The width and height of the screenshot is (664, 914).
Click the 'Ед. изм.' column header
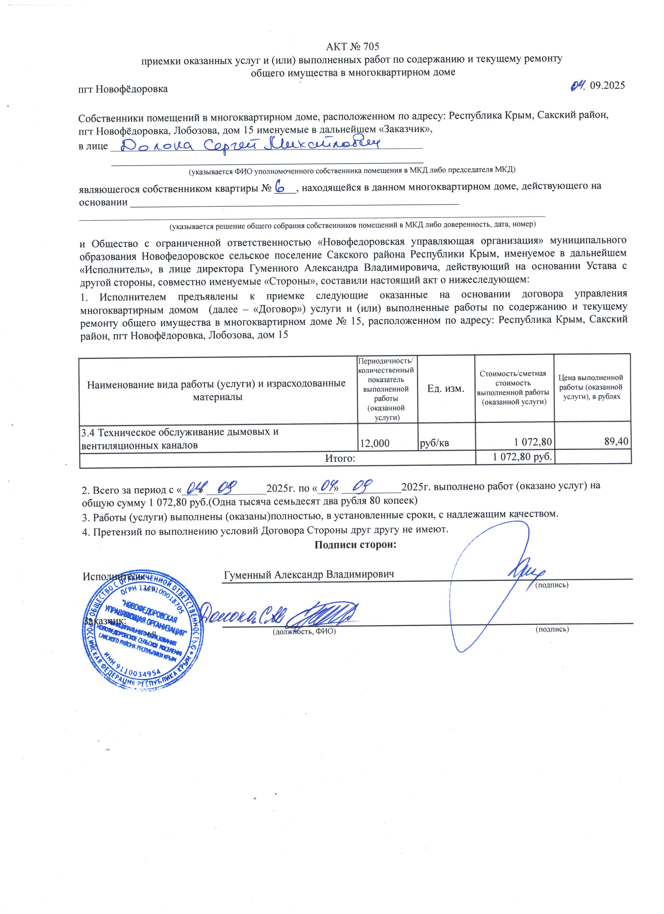446,388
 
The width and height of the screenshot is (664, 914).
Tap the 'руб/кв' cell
435,443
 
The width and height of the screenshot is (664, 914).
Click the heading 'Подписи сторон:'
355,545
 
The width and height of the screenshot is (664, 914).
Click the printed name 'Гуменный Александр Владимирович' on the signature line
309,574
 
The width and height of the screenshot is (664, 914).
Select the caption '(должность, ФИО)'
304,632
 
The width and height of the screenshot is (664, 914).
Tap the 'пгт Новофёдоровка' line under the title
123,89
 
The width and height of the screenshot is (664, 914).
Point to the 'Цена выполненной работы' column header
591,387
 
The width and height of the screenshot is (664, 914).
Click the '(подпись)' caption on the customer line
552,629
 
